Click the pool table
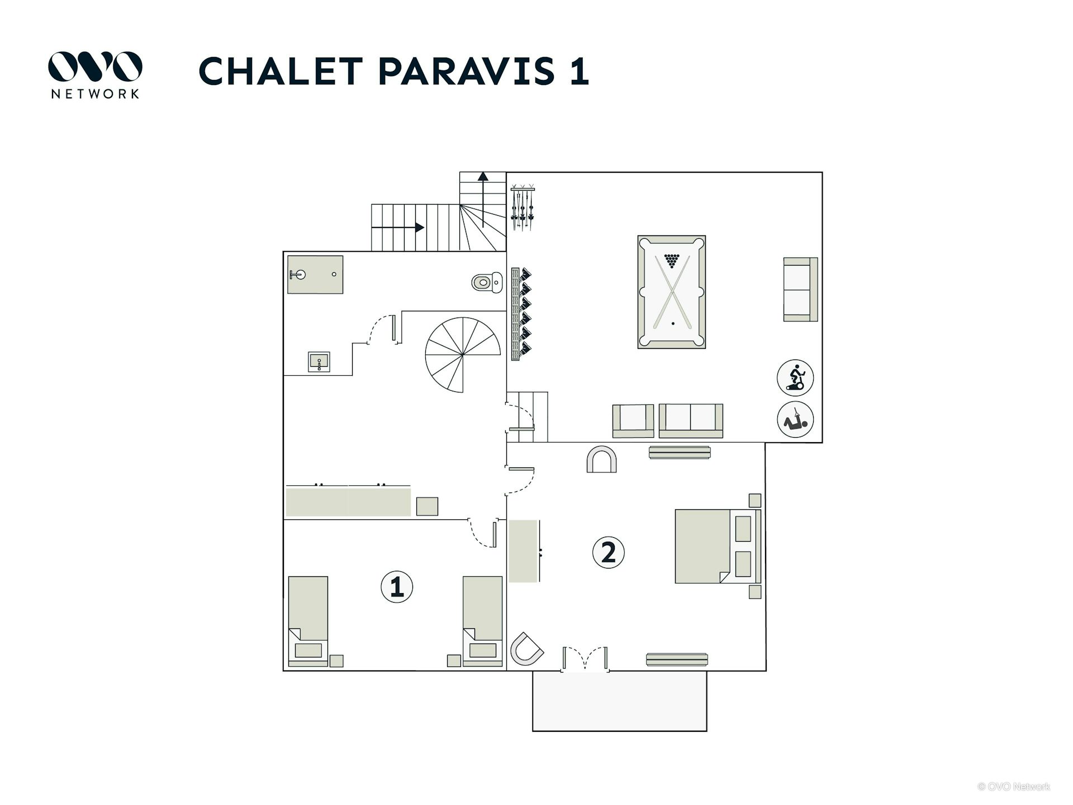[671, 292]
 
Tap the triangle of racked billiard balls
[672, 261]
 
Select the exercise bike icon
[795, 377]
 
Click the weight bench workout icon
[795, 419]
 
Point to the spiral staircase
[463, 355]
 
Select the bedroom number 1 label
[397, 587]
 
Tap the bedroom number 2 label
[608, 552]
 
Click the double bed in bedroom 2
[718, 546]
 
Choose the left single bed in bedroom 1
[308, 621]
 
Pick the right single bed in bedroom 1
[482, 621]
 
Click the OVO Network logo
[95, 75]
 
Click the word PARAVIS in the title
[467, 71]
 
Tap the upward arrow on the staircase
[483, 199]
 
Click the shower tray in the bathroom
[315, 274]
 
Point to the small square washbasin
[319, 362]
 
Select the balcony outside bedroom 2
[619, 700]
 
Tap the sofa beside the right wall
[800, 290]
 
